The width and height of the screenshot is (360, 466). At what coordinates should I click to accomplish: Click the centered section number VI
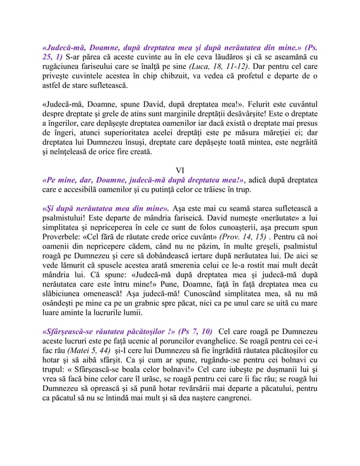click(x=180, y=171)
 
